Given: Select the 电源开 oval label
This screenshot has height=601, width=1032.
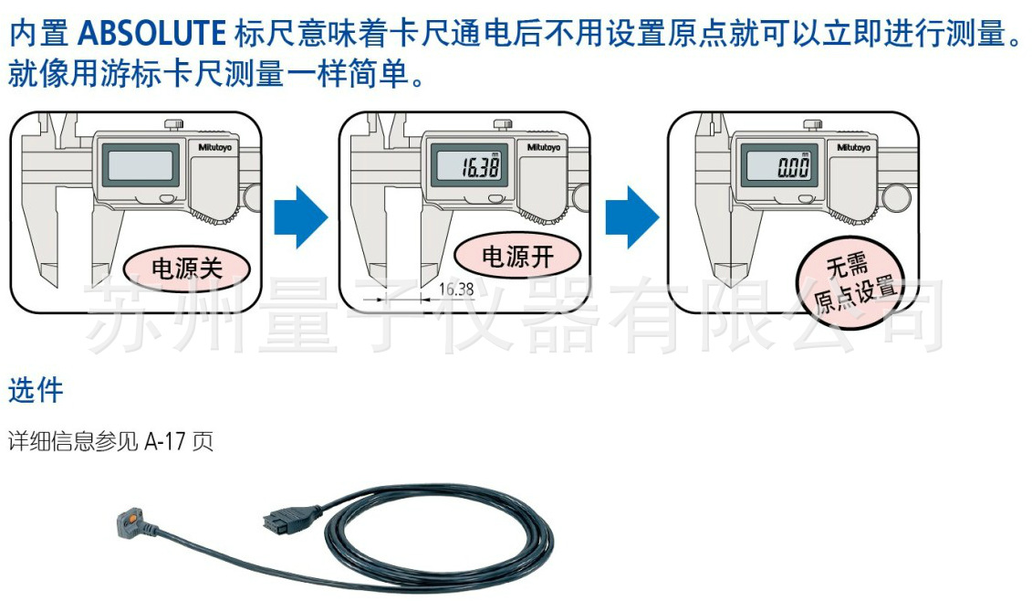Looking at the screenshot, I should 517,257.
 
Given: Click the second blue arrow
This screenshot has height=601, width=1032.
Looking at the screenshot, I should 631,216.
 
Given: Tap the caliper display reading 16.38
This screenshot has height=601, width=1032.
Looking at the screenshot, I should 478,167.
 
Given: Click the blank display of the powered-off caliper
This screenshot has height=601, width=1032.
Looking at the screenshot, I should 141,166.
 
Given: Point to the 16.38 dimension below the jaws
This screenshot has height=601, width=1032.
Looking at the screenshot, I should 455,290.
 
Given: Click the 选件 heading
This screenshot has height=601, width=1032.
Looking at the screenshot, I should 36,391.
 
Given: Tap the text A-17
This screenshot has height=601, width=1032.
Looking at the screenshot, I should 168,443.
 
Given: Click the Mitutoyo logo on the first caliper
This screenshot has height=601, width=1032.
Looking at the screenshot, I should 216,146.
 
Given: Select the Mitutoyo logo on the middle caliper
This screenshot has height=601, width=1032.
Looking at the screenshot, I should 545,146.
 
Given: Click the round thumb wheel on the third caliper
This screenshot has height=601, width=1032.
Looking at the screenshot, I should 898,195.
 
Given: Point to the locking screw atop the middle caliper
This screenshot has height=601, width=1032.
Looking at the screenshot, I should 500,124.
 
